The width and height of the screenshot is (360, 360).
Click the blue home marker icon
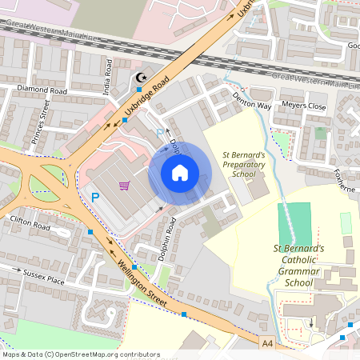(180, 173)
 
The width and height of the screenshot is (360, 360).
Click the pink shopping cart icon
(124, 186)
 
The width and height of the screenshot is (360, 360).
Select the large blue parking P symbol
(95, 197)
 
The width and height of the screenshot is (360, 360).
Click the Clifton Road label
(30, 222)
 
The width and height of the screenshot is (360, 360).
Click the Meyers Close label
(306, 106)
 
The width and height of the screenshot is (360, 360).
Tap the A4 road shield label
(267, 342)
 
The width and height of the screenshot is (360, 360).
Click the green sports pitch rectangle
(297, 223)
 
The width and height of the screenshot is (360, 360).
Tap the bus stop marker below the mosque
(139, 90)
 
